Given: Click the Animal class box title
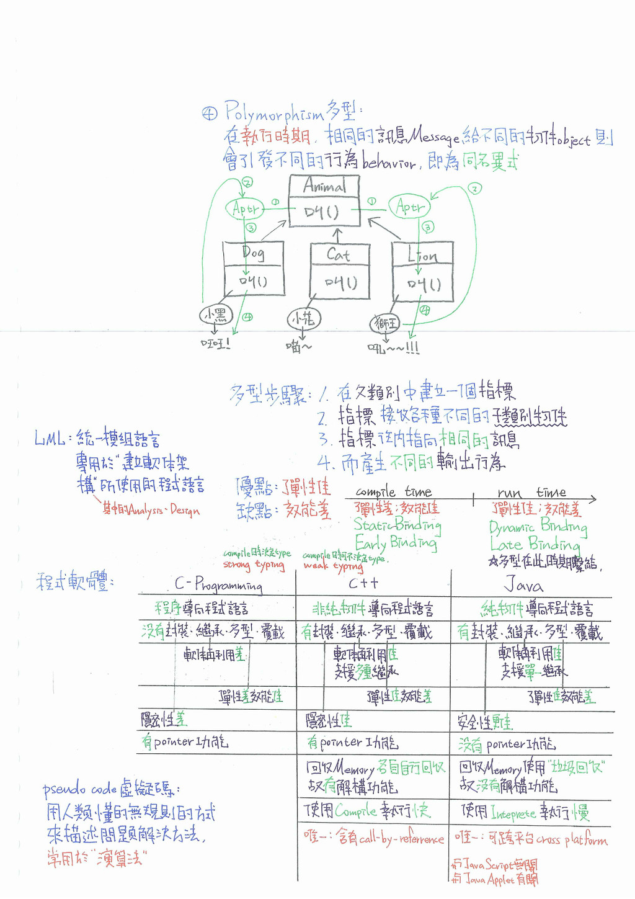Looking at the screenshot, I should (x=324, y=186).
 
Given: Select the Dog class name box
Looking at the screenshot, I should (x=253, y=253).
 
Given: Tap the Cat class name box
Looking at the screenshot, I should (x=339, y=254).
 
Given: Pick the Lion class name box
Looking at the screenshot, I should (x=422, y=254).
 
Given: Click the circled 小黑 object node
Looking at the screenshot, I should (x=215, y=315).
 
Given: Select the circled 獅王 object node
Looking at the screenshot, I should (x=385, y=324).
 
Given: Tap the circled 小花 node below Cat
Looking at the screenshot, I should (x=303, y=320).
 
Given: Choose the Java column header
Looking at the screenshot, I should (x=523, y=585).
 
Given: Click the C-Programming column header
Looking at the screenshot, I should (x=218, y=584).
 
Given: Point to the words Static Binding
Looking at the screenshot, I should (x=397, y=525).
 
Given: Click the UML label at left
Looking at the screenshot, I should (x=50, y=439).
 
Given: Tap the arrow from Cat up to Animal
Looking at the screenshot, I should (x=337, y=236).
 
